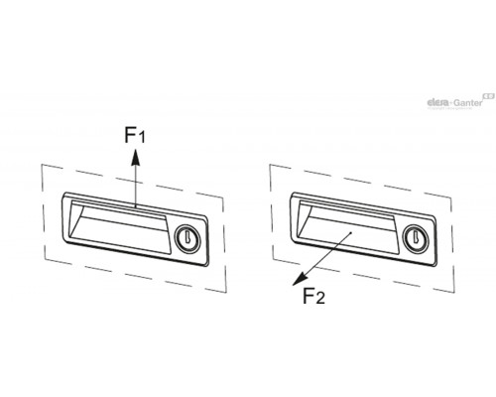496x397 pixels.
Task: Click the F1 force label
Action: pos(135,135)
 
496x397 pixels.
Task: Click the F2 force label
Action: pos(313,296)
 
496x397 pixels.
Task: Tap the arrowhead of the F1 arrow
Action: pos(135,157)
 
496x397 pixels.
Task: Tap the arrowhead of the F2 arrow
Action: pos(300,279)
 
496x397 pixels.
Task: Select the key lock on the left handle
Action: pos(187,237)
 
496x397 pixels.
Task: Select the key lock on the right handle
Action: pos(416,237)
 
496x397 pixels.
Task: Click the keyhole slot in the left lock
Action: pos(186,237)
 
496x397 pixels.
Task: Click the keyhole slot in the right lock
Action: pos(415,237)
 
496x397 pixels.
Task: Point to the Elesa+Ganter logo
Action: pos(460,101)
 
